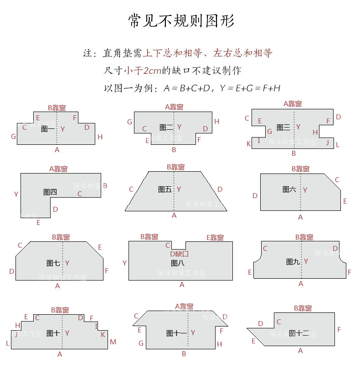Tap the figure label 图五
tap(165, 189)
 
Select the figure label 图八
tap(177, 263)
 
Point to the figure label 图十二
tap(298, 333)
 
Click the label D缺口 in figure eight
tap(179, 254)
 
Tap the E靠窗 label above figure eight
tap(215, 237)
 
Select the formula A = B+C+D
tap(187, 88)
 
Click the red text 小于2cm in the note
tap(143, 71)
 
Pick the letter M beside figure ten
tap(113, 342)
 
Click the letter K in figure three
tap(249, 144)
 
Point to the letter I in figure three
tap(259, 141)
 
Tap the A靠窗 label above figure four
tap(58, 169)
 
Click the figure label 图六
tap(289, 189)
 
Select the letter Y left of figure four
tap(16, 194)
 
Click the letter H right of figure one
tap(100, 137)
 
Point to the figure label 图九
tap(293, 261)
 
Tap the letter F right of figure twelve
tap(339, 329)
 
